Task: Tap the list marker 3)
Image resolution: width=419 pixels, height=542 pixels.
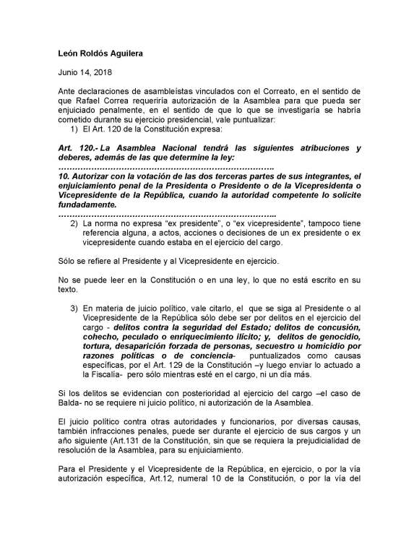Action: point(74,308)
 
